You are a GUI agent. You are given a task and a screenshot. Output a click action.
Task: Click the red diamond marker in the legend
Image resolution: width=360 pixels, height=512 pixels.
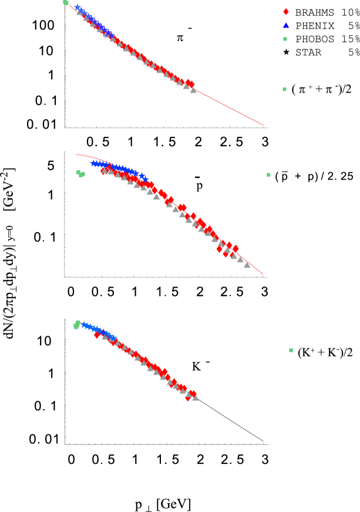tap(286, 12)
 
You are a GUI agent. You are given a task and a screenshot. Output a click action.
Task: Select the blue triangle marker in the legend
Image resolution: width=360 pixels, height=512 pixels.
tap(286, 25)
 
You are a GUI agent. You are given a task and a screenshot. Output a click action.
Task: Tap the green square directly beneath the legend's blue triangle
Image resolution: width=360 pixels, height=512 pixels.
tap(285, 39)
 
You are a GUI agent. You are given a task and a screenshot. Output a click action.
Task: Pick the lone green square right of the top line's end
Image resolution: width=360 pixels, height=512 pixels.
tap(285, 89)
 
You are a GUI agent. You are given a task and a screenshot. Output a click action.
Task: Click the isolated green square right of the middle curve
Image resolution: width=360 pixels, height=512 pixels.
tap(268, 175)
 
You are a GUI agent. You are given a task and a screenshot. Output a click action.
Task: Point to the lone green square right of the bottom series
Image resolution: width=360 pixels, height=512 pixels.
tap(291, 351)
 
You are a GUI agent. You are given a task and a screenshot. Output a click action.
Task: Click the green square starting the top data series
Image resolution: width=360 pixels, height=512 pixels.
tap(66, 2)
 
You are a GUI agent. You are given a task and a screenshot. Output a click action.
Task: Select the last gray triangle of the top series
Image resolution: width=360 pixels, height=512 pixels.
tap(193, 90)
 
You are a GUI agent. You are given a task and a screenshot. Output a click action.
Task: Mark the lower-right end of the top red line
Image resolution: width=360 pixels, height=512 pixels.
tap(263, 125)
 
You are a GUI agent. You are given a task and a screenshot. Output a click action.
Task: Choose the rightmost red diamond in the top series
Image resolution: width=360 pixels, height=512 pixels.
tap(190, 85)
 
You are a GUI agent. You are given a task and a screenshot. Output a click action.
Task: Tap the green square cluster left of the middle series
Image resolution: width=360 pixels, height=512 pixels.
tap(80, 174)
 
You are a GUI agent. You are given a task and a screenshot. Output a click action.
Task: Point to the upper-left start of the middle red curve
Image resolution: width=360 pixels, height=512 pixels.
tap(76, 155)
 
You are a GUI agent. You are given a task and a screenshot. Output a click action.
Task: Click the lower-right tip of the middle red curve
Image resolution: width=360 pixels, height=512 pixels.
tap(263, 274)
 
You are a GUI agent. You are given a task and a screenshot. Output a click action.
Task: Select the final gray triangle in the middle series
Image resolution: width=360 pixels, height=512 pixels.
tap(247, 265)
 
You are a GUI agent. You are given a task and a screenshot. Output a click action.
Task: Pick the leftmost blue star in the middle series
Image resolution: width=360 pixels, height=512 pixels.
tap(93, 163)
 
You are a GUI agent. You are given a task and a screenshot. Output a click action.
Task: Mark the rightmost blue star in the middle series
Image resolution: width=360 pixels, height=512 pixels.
tap(145, 177)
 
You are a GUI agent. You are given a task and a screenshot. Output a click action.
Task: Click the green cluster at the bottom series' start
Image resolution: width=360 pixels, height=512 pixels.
tap(77, 324)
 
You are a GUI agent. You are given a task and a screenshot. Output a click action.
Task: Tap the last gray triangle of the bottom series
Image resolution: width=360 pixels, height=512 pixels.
tap(195, 398)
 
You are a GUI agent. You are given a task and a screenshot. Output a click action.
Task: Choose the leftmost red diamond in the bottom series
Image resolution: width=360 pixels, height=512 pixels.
tap(97, 335)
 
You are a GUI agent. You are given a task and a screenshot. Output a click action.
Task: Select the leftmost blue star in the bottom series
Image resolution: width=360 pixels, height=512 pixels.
tap(84, 324)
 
